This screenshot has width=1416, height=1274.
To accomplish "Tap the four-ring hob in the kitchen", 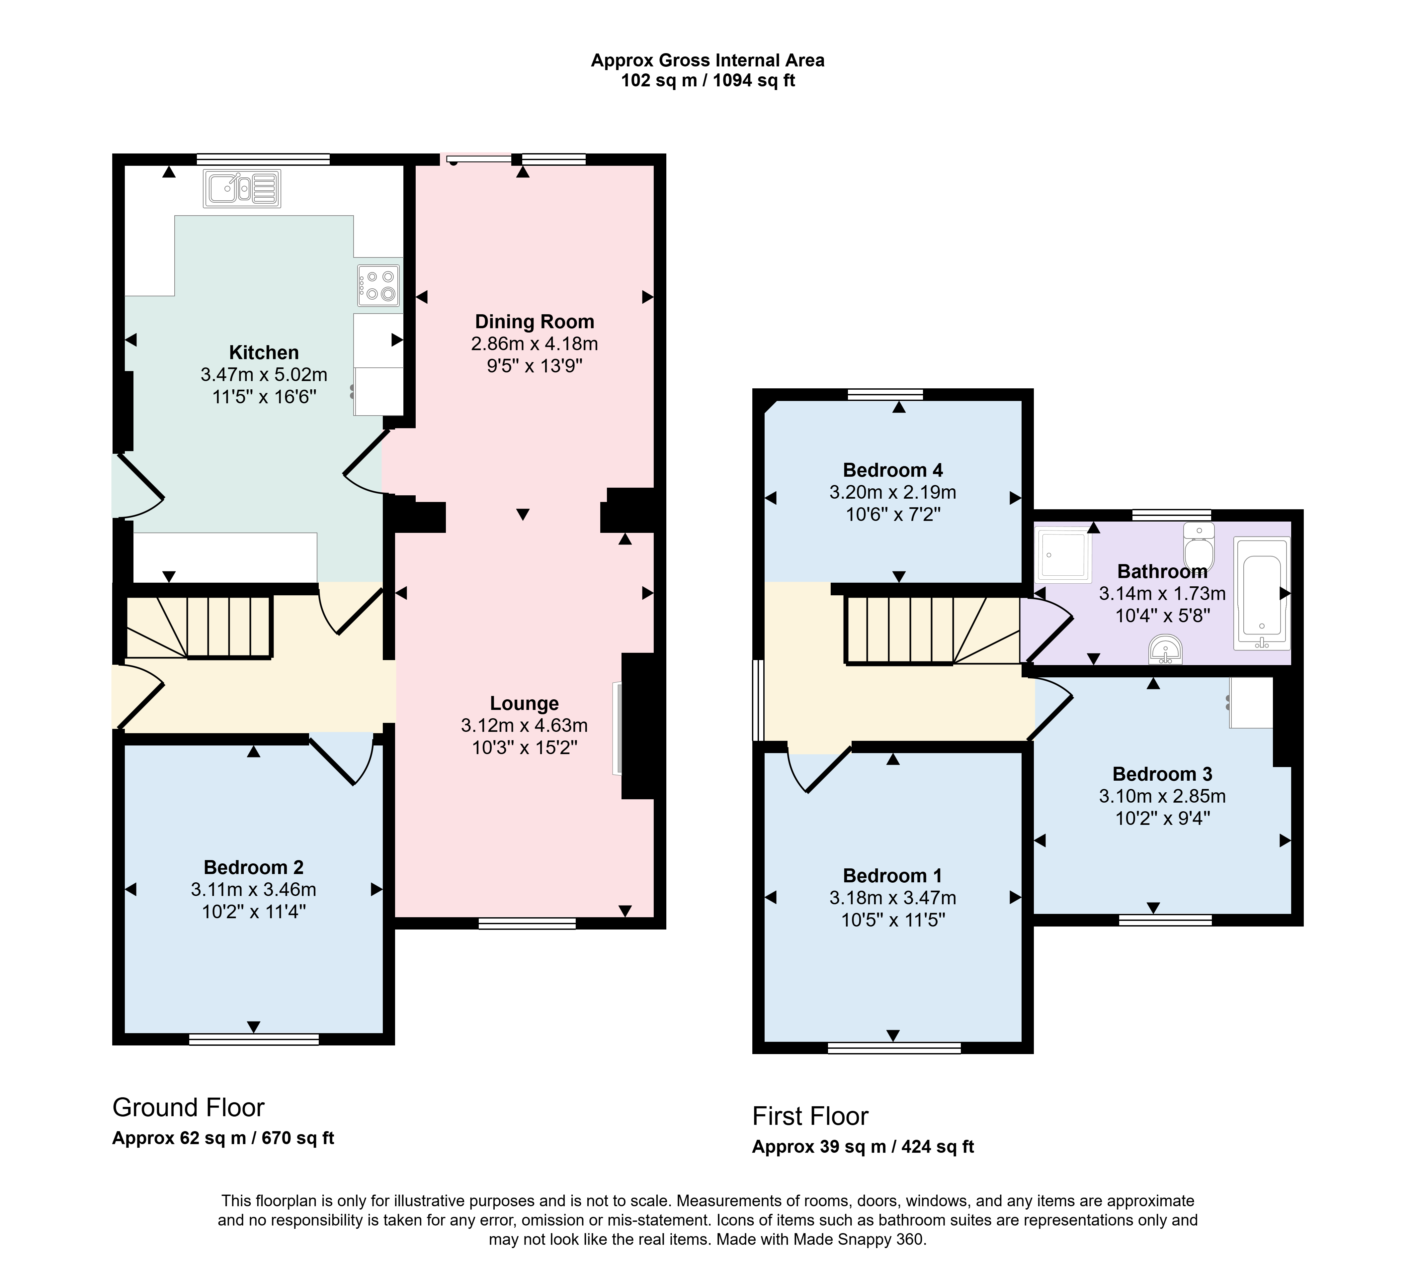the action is [378, 286].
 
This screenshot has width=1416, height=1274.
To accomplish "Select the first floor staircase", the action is [932, 629].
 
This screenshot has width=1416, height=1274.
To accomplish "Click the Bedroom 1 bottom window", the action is [894, 1048].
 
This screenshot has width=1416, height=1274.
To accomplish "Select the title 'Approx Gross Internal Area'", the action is [707, 60].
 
